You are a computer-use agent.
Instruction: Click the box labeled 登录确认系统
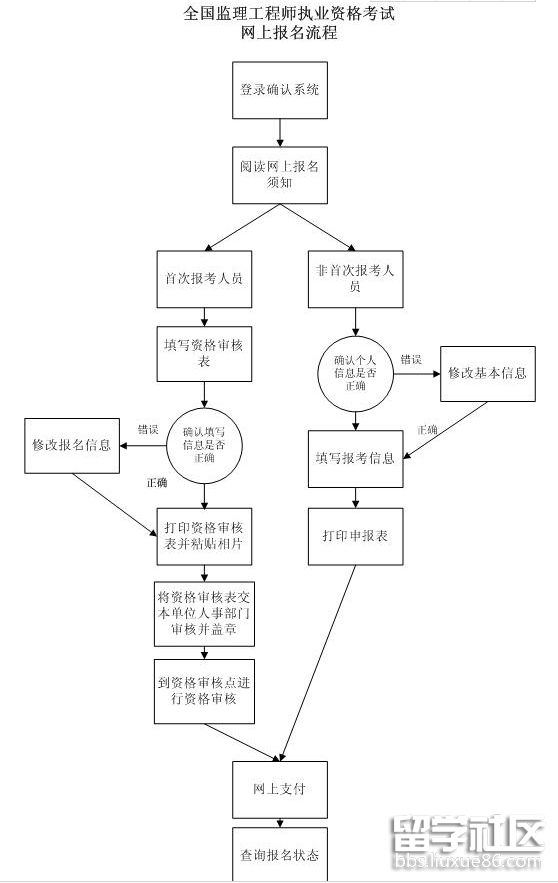(280, 89)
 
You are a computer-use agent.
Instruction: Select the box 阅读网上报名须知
(280, 174)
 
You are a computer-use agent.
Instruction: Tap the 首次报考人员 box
(204, 279)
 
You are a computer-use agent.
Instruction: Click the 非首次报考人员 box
(354, 278)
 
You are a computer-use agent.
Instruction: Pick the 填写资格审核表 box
(205, 354)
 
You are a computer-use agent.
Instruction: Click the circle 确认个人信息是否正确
(355, 372)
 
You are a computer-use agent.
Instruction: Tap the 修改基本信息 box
(487, 373)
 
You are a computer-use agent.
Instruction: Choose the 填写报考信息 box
(355, 459)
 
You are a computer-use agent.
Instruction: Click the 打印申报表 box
(355, 536)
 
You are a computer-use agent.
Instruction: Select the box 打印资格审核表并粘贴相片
(205, 536)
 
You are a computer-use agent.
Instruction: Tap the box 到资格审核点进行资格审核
(205, 690)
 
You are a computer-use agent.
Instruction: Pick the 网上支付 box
(280, 789)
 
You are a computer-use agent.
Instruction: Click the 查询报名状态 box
(280, 856)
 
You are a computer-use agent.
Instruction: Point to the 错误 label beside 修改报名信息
(148, 428)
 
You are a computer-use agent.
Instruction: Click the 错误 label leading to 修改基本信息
(411, 359)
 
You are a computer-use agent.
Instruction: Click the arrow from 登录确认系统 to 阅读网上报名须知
(280, 131)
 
